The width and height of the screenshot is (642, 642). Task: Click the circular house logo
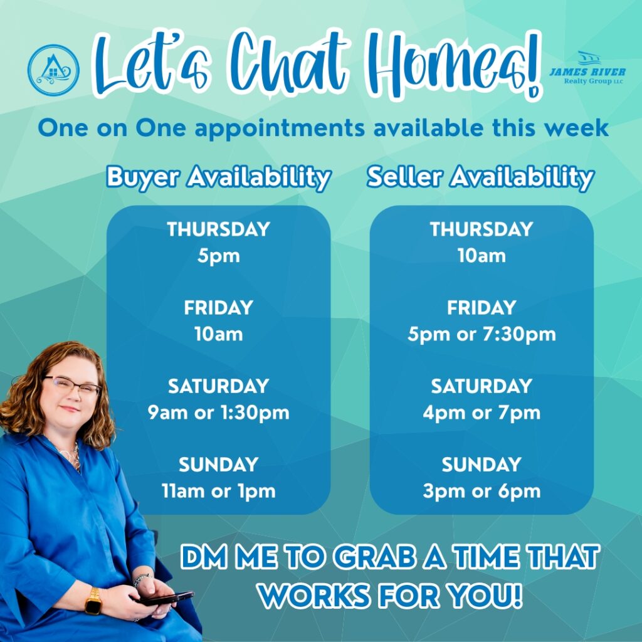click(x=53, y=70)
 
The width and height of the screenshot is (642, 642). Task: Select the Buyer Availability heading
click(x=219, y=177)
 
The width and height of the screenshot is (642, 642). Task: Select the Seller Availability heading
click(x=481, y=177)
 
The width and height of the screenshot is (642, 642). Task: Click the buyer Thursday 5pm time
click(x=219, y=256)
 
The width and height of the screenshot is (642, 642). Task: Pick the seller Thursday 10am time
click(x=481, y=256)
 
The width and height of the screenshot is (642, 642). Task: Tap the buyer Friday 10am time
click(x=219, y=334)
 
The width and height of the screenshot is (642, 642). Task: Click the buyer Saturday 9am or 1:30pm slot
click(x=219, y=413)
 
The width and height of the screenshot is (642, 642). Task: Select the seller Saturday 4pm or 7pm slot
click(x=481, y=413)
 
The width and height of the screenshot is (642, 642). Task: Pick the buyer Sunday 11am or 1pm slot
click(x=219, y=492)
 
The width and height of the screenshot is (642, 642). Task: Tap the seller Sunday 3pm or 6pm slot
click(x=481, y=492)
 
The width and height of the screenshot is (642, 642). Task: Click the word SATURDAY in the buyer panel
click(x=219, y=386)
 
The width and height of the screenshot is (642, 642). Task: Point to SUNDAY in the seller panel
click(x=481, y=465)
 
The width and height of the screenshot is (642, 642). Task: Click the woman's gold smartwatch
click(x=94, y=601)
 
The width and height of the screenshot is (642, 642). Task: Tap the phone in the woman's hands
click(x=165, y=599)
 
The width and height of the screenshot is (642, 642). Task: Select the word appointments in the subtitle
click(x=280, y=129)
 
